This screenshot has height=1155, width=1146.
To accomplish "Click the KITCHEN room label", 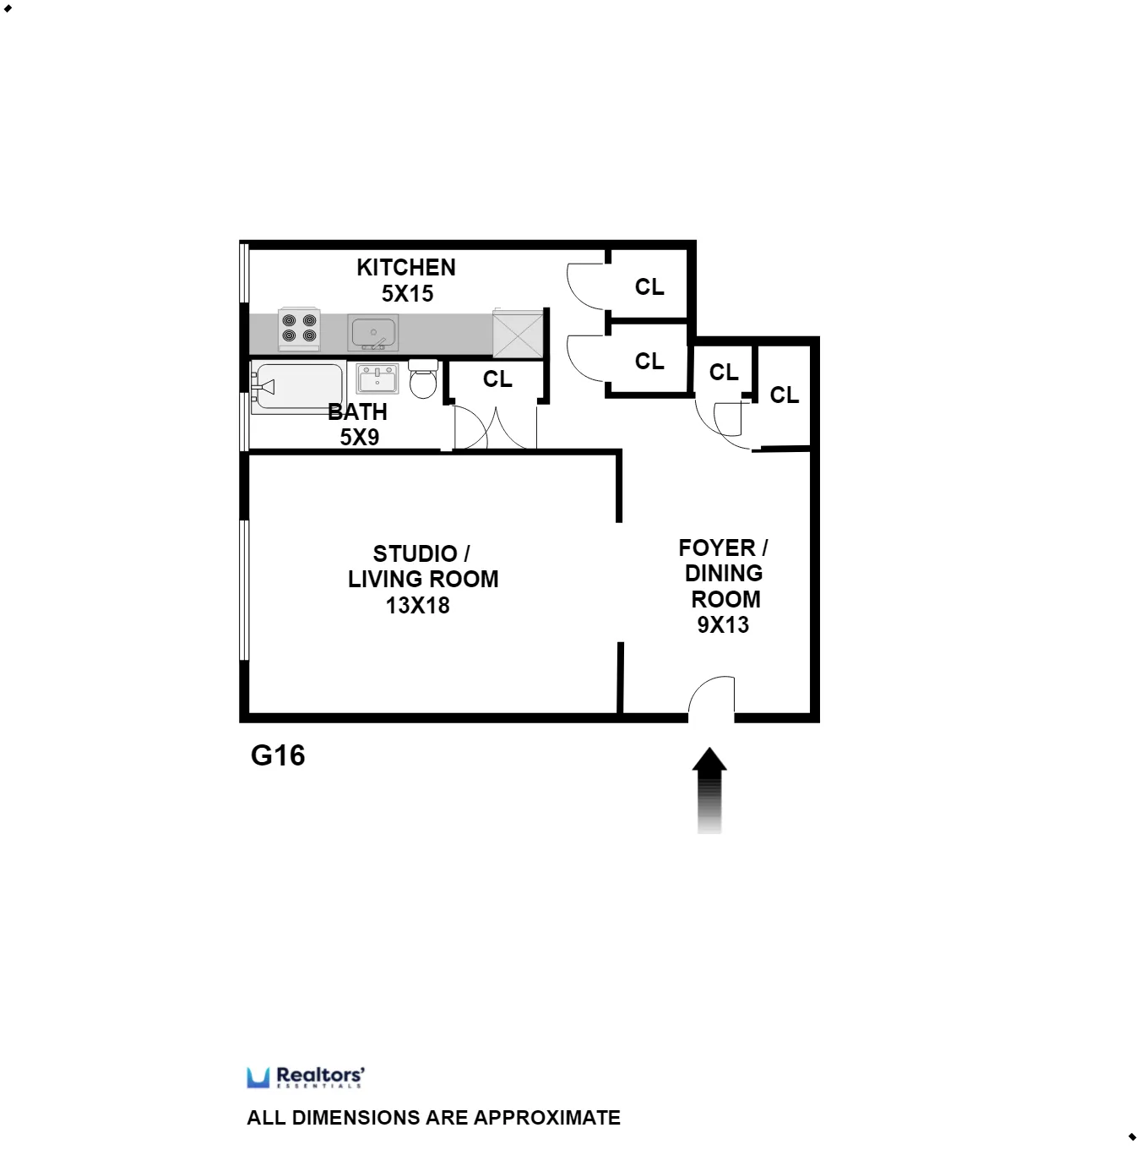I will (405, 267).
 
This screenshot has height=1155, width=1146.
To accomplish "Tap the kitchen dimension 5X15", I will (407, 294).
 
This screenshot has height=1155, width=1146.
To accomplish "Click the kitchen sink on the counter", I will (372, 333).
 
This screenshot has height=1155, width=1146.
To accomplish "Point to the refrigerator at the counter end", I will (517, 331).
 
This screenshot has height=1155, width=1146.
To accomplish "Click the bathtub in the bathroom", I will (297, 387).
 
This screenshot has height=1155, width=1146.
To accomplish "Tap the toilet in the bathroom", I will (423, 379).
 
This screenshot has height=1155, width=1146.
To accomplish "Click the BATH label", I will (357, 412).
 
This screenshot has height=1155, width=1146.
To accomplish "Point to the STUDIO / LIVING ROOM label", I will (422, 566).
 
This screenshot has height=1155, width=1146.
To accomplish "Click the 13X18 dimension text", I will (417, 606).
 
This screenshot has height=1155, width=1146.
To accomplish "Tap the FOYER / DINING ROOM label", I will (724, 573).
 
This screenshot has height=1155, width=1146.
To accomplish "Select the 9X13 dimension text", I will (723, 625).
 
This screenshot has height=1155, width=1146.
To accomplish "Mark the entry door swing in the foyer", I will (711, 697).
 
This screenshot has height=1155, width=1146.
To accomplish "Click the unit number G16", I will (278, 755).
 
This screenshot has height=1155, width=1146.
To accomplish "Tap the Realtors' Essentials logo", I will (306, 1077).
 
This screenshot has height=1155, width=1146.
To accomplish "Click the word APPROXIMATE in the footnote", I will (547, 1118).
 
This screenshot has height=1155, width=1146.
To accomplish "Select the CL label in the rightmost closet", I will (784, 395).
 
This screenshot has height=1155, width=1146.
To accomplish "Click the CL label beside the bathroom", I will (497, 379).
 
